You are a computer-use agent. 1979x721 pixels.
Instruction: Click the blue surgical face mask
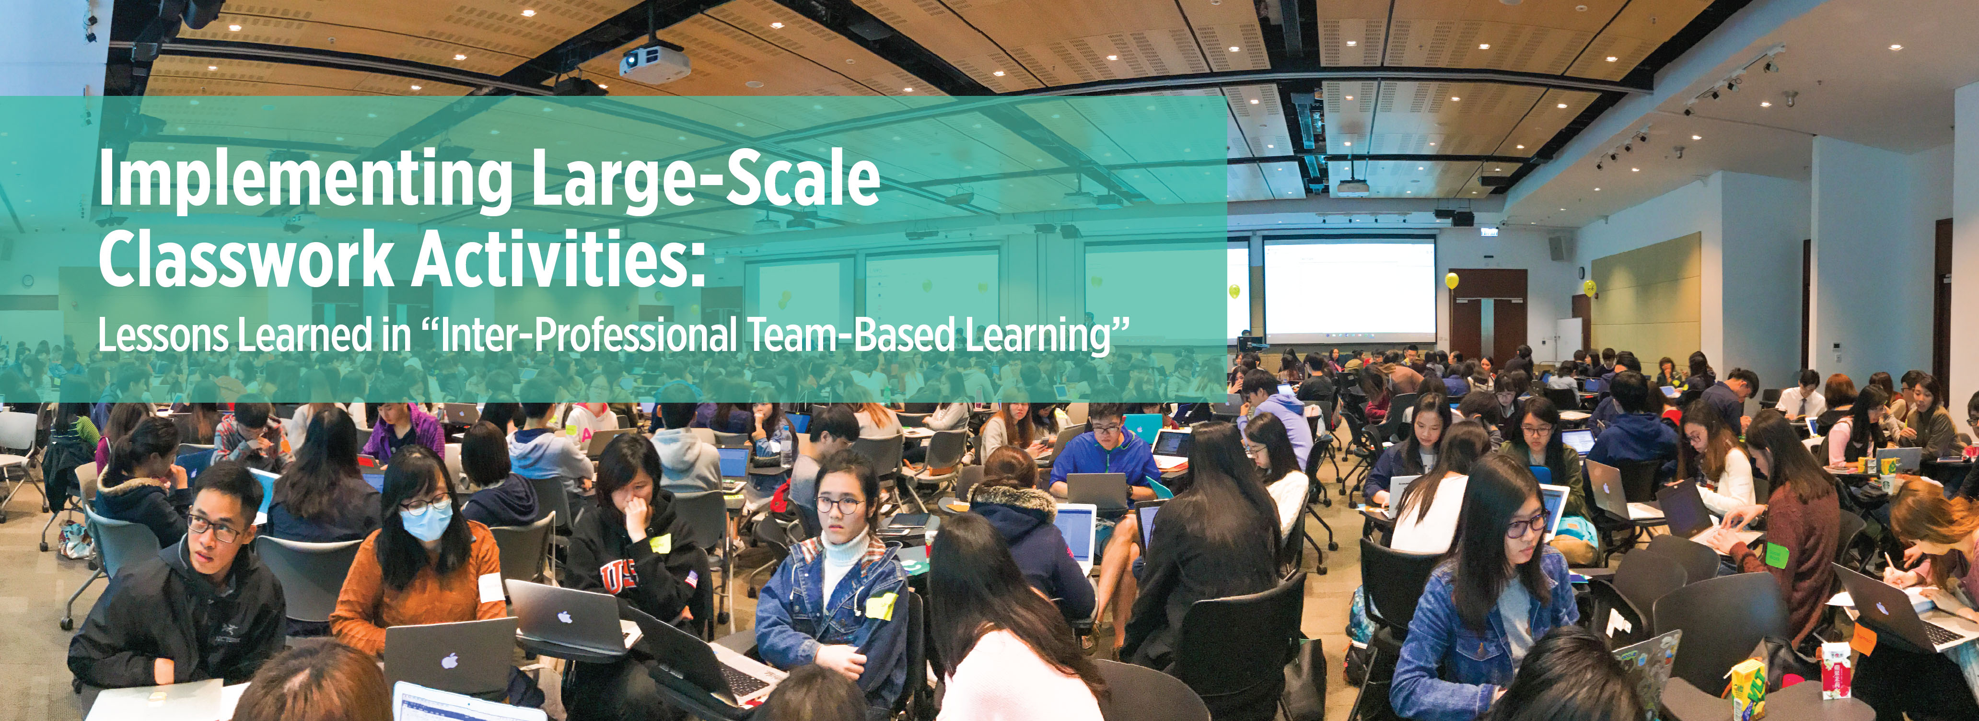pyautogui.click(x=426, y=522)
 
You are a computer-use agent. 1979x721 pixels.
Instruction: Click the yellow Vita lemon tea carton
pyautogui.click(x=1748, y=688)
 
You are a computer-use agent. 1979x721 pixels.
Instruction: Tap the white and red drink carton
pyautogui.click(x=1835, y=671)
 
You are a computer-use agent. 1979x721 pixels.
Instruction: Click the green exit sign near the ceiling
pyautogui.click(x=1490, y=231)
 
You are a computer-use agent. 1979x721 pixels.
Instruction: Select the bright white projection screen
pyautogui.click(x=1349, y=290)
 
